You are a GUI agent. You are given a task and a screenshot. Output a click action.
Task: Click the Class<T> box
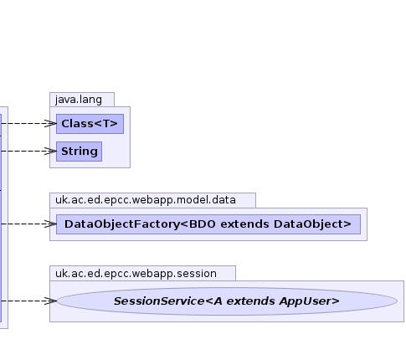click(90, 124)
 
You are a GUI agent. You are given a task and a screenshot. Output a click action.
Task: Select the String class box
click(79, 152)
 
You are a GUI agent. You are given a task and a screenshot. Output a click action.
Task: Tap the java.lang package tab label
click(79, 100)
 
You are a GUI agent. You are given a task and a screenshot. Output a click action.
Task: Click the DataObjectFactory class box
click(208, 224)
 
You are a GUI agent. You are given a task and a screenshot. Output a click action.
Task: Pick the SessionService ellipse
click(227, 301)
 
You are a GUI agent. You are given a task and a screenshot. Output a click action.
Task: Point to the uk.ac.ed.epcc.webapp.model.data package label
click(146, 200)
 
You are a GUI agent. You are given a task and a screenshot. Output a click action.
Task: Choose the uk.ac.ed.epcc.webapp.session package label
click(136, 274)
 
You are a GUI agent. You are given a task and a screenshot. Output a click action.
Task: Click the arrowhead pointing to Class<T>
click(51, 123)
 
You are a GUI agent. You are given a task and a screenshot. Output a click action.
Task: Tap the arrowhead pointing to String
click(51, 151)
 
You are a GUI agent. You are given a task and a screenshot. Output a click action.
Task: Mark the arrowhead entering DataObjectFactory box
click(51, 224)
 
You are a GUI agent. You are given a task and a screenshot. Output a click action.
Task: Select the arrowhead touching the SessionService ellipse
click(51, 301)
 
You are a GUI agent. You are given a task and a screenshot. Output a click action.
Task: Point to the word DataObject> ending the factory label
click(312, 224)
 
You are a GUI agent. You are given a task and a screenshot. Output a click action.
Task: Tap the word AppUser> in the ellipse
click(310, 301)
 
